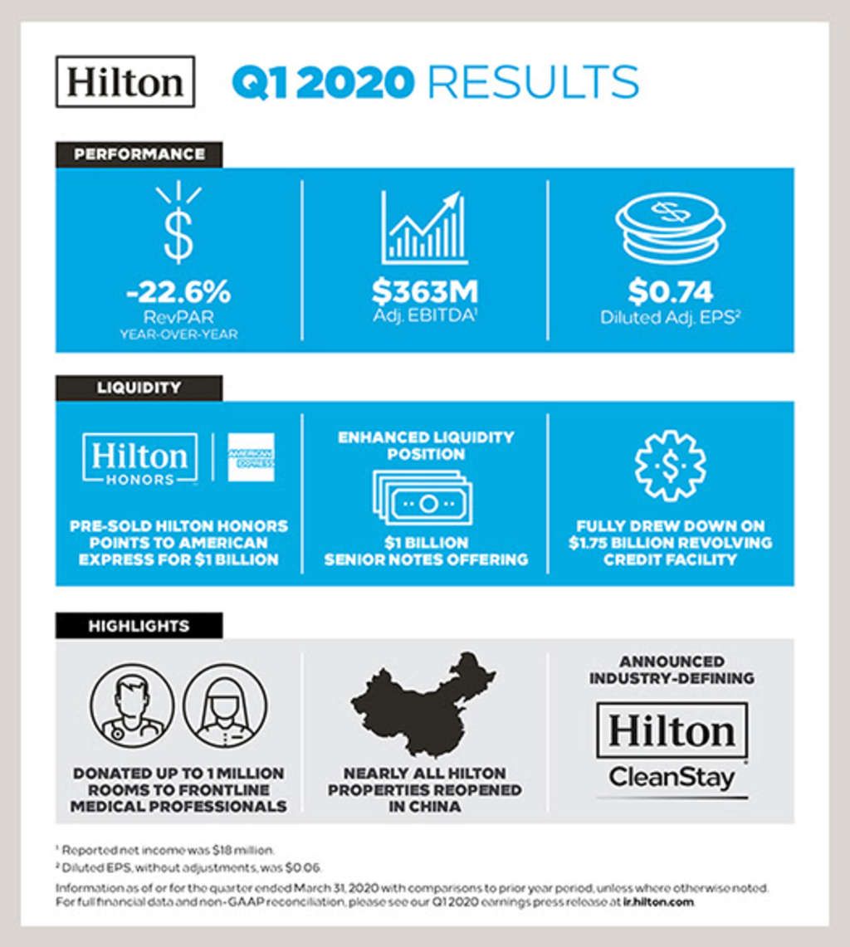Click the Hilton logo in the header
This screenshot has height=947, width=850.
point(125,81)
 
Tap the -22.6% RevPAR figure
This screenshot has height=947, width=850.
point(178,291)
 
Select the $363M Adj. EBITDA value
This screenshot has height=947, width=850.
point(424,291)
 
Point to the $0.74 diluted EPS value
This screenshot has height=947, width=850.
point(671,291)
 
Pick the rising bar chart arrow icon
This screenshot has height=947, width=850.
point(423,227)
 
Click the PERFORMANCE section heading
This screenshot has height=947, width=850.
point(139,154)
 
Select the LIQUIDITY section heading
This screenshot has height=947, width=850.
point(139,388)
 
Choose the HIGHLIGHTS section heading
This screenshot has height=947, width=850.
point(139,626)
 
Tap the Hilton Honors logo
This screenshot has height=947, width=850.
point(139,459)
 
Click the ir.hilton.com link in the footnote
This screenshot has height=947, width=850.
point(657,901)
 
